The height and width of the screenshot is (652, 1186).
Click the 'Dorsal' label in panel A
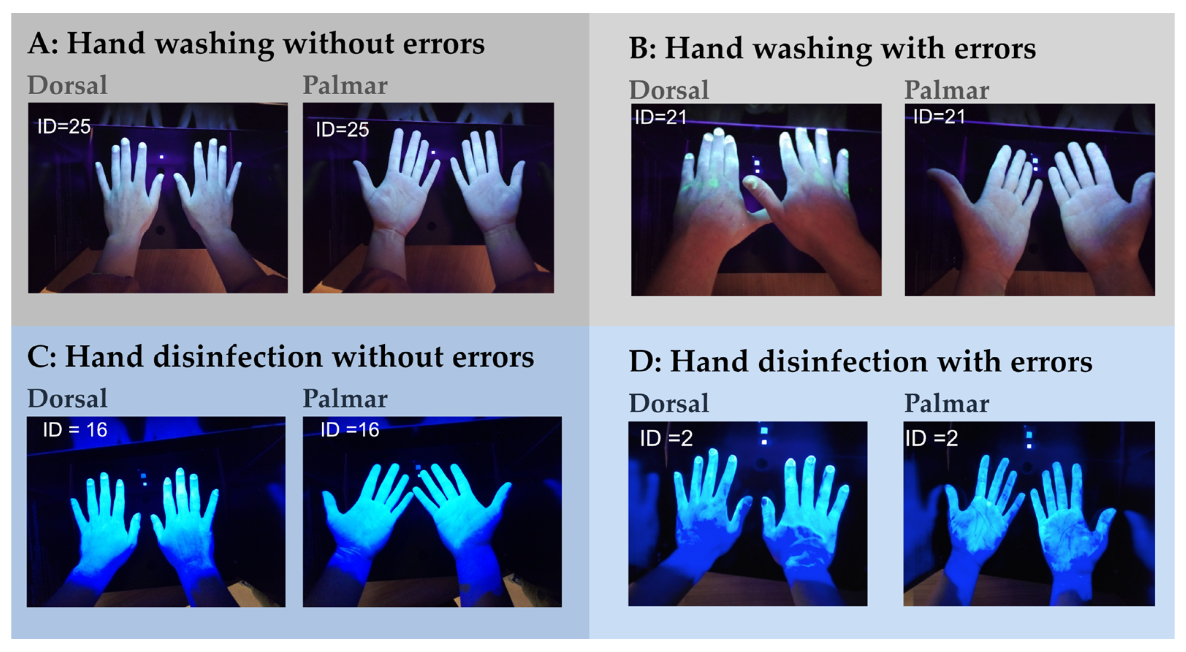(67, 85)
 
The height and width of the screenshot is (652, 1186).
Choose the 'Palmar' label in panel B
(947, 90)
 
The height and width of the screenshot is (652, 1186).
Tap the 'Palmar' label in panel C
(345, 399)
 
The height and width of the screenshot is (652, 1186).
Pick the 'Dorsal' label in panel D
(669, 403)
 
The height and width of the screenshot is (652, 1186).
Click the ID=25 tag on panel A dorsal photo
(64, 126)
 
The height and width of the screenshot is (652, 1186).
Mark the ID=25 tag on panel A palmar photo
(342, 129)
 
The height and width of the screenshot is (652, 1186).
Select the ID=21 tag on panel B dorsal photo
(661, 117)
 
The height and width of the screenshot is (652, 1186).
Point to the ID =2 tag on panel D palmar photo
(931, 438)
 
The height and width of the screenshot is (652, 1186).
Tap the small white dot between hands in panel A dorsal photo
(161, 157)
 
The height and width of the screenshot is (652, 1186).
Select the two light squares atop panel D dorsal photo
(764, 436)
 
